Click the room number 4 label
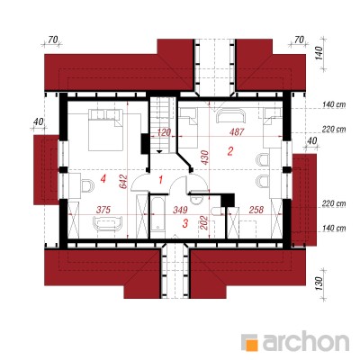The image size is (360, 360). pos(103,179)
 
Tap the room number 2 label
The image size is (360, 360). pos(230,151)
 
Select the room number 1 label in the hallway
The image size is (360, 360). pos(161,180)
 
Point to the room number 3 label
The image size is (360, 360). pos(185,223)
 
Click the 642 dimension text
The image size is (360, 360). pos(124,182)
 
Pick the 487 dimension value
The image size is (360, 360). pos(237,132)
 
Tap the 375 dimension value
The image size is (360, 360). pos(103,210)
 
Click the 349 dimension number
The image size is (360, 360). pos(180,210)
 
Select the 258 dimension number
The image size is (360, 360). pos(256,210)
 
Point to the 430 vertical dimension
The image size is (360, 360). pos(205,157)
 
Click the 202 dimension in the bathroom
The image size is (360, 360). pos(203,222)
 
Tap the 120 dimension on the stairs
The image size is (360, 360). pos(164,132)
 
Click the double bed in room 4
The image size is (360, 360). pos(105,130)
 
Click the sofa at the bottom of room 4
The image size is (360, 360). pos(108,223)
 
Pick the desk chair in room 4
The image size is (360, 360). pos(87,185)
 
